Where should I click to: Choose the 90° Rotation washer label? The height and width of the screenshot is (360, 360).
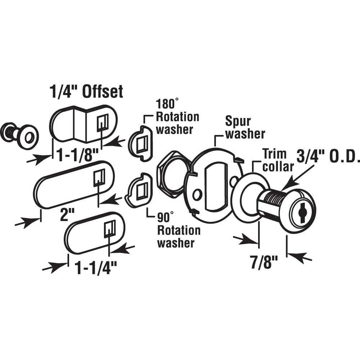(176, 230)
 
